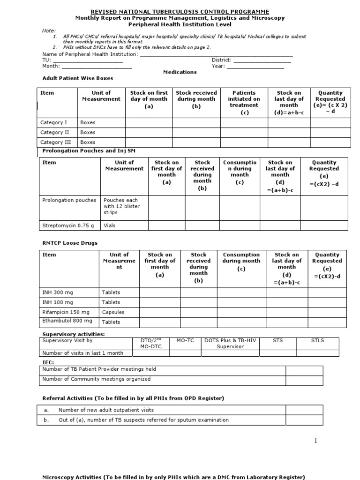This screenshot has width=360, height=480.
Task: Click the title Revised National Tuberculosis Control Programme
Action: click(x=180, y=11)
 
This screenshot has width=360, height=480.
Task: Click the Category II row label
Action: click(x=55, y=133)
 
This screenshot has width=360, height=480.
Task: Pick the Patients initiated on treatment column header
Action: click(x=244, y=103)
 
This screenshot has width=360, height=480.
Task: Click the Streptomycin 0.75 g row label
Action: click(x=68, y=225)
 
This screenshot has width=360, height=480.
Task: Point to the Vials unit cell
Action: click(x=110, y=225)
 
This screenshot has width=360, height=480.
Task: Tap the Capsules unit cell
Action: click(x=113, y=312)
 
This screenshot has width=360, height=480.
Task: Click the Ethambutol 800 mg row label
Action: click(x=67, y=321)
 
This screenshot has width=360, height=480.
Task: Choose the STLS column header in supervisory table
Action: click(x=317, y=341)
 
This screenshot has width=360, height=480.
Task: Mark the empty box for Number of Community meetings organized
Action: click(x=304, y=380)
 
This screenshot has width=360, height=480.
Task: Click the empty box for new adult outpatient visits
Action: click(x=304, y=410)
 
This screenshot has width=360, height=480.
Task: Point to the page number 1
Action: click(x=316, y=441)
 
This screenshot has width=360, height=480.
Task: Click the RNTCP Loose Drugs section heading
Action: click(x=70, y=243)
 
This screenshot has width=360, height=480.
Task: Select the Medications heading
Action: click(x=180, y=72)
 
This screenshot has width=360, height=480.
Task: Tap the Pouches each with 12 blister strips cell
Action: click(x=121, y=206)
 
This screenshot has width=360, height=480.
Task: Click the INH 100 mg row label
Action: click(x=58, y=302)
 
